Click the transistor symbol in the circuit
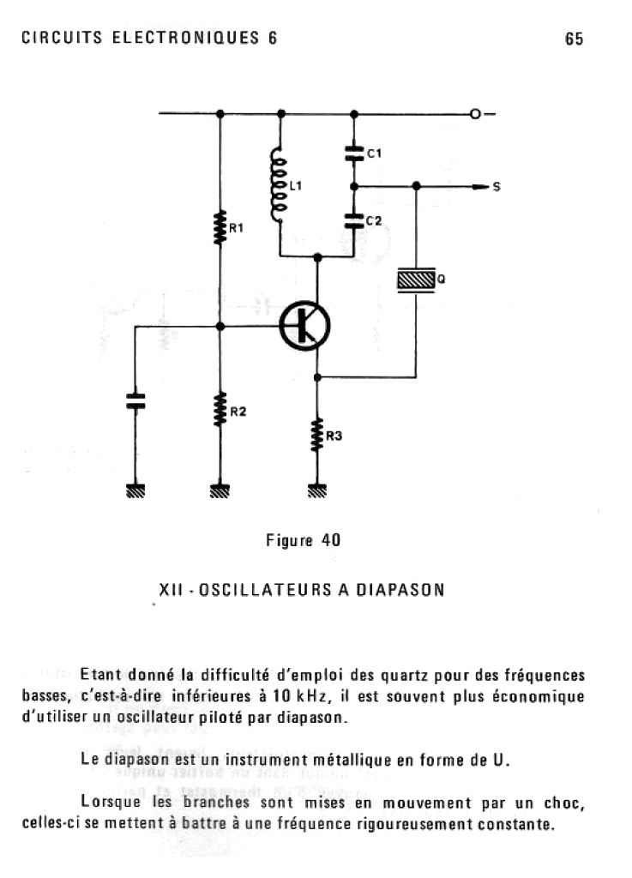[305, 326]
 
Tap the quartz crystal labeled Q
[416, 280]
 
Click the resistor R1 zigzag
[220, 227]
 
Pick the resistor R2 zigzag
[220, 409]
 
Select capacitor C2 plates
[354, 220]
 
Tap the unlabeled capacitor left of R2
[135, 400]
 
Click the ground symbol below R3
[317, 491]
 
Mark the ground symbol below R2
[220, 491]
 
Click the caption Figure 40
[304, 540]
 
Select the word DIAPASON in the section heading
[400, 591]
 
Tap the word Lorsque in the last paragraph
[107, 803]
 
